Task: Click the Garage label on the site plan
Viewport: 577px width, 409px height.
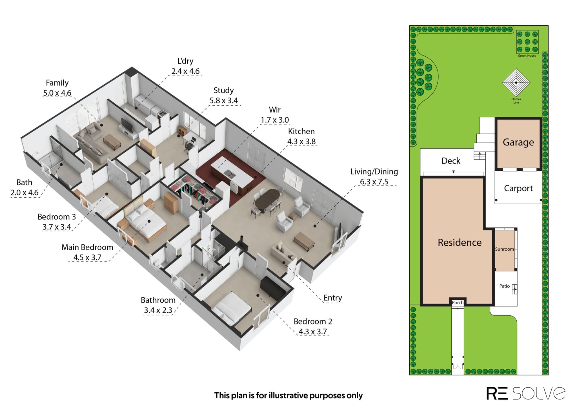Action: tap(518, 143)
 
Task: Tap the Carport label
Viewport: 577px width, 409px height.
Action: tap(518, 188)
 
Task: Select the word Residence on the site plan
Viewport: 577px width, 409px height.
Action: tap(460, 242)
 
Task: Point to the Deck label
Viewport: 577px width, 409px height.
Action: tap(451, 161)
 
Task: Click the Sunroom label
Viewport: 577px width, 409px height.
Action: tap(504, 249)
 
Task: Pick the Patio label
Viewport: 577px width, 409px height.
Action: tap(504, 286)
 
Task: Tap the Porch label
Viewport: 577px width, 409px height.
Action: tap(458, 302)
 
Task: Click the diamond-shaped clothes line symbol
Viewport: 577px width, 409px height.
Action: tap(516, 83)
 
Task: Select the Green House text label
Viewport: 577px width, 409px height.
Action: tap(527, 56)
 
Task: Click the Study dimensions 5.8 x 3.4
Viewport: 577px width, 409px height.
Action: tap(223, 101)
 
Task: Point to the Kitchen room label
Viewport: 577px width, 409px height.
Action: tap(301, 131)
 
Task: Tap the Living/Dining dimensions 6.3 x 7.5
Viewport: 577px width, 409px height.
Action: tap(374, 182)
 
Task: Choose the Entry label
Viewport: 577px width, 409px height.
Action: tap(333, 298)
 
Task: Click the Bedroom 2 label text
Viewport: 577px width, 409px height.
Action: tap(313, 321)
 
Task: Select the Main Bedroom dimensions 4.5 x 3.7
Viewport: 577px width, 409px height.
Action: tap(87, 257)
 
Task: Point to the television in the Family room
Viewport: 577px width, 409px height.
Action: tap(126, 125)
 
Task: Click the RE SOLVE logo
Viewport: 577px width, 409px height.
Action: tap(526, 393)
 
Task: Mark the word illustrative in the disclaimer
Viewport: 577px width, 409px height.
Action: tap(288, 395)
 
